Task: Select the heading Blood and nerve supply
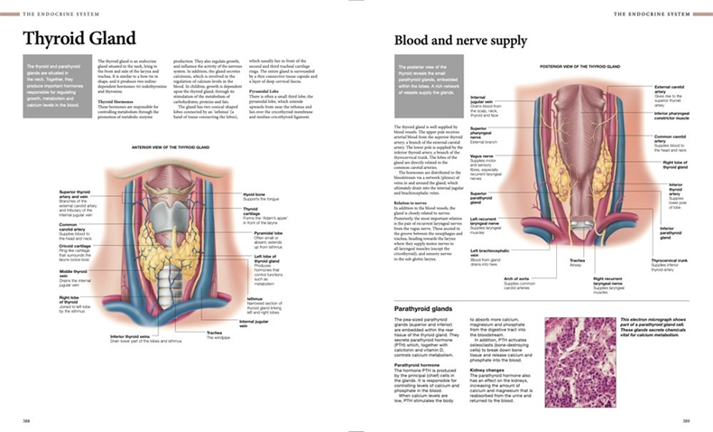coord(460,41)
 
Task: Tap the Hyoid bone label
coord(254,193)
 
